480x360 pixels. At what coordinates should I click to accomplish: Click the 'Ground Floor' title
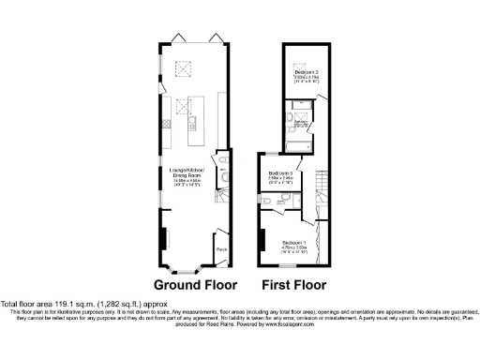195,285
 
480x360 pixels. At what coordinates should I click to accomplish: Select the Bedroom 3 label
280,175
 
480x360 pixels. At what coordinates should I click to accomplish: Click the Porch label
221,249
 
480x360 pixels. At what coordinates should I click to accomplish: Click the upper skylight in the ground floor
183,67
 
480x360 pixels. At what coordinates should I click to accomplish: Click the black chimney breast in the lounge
165,239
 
